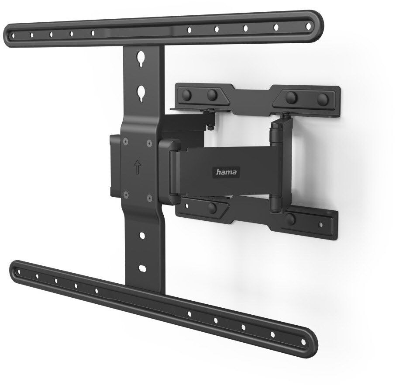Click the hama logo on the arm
[227, 172]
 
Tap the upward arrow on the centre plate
[138, 167]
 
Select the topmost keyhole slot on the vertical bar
[141, 59]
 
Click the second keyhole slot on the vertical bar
[141, 93]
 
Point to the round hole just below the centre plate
[142, 236]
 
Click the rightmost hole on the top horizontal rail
[308, 25]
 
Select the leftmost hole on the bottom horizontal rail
[19, 272]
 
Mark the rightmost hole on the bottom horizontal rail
[303, 342]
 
